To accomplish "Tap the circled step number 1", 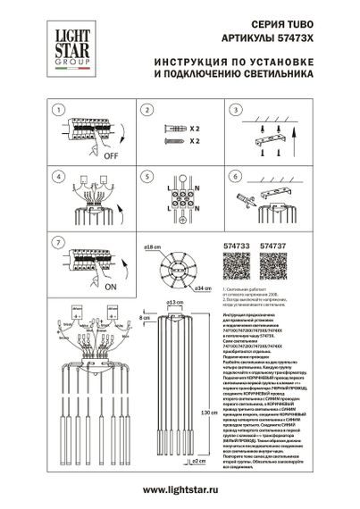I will click(58, 110).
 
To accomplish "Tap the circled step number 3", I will click(233, 110).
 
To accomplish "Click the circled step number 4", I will click(58, 176).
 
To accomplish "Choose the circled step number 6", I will click(233, 176).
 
